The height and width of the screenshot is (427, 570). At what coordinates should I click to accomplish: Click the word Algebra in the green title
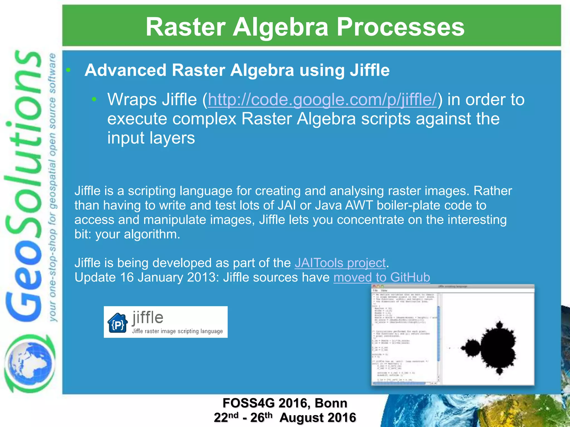[280, 27]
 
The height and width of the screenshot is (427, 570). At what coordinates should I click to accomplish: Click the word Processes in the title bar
[401, 27]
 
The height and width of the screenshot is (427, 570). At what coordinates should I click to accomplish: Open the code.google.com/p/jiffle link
[322, 100]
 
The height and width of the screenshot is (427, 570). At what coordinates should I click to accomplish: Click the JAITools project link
[340, 263]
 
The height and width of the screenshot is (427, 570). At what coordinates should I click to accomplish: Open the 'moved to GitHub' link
[382, 277]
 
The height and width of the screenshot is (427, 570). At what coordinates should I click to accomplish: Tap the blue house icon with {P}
[117, 323]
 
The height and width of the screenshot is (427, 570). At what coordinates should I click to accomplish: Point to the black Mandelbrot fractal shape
[495, 346]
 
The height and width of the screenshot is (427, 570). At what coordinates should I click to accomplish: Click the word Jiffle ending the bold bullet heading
[370, 70]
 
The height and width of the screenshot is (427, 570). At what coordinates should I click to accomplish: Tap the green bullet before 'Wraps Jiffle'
[94, 99]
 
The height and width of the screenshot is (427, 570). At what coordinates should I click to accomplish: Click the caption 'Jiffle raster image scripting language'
[177, 331]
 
